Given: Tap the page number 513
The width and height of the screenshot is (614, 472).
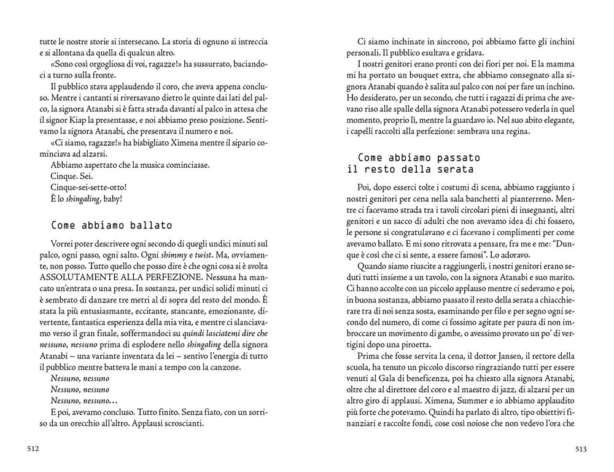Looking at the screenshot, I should tap(581, 449).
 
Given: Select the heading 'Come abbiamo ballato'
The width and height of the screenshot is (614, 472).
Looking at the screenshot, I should tap(112, 225).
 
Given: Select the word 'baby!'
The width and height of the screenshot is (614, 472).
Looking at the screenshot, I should tap(111, 199).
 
